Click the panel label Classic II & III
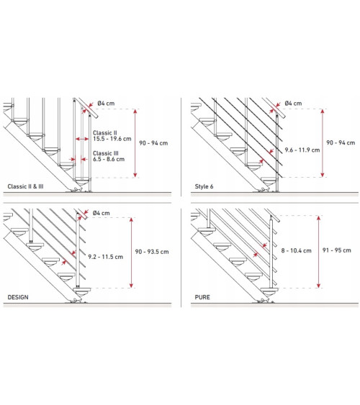click(25, 186)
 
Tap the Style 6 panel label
click(204, 186)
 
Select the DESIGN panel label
click(18, 297)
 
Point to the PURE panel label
click(202, 297)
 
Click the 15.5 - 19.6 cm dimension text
click(112, 139)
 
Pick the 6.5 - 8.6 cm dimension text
click(109, 159)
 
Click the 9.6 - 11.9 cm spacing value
click(302, 150)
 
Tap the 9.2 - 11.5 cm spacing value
click(105, 257)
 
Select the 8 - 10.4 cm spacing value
click(296, 250)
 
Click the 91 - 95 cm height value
click(337, 250)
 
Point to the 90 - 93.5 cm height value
click(152, 252)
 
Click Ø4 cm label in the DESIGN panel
click(101, 213)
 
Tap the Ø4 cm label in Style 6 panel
click(293, 104)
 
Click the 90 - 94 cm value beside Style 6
click(341, 143)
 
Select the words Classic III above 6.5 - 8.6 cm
click(106, 153)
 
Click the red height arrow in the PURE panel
click(318, 252)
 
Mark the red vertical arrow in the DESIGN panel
click(131, 252)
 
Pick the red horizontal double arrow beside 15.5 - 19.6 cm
click(82, 139)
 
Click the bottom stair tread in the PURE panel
click(269, 290)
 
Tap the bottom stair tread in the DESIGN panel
click(82, 290)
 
